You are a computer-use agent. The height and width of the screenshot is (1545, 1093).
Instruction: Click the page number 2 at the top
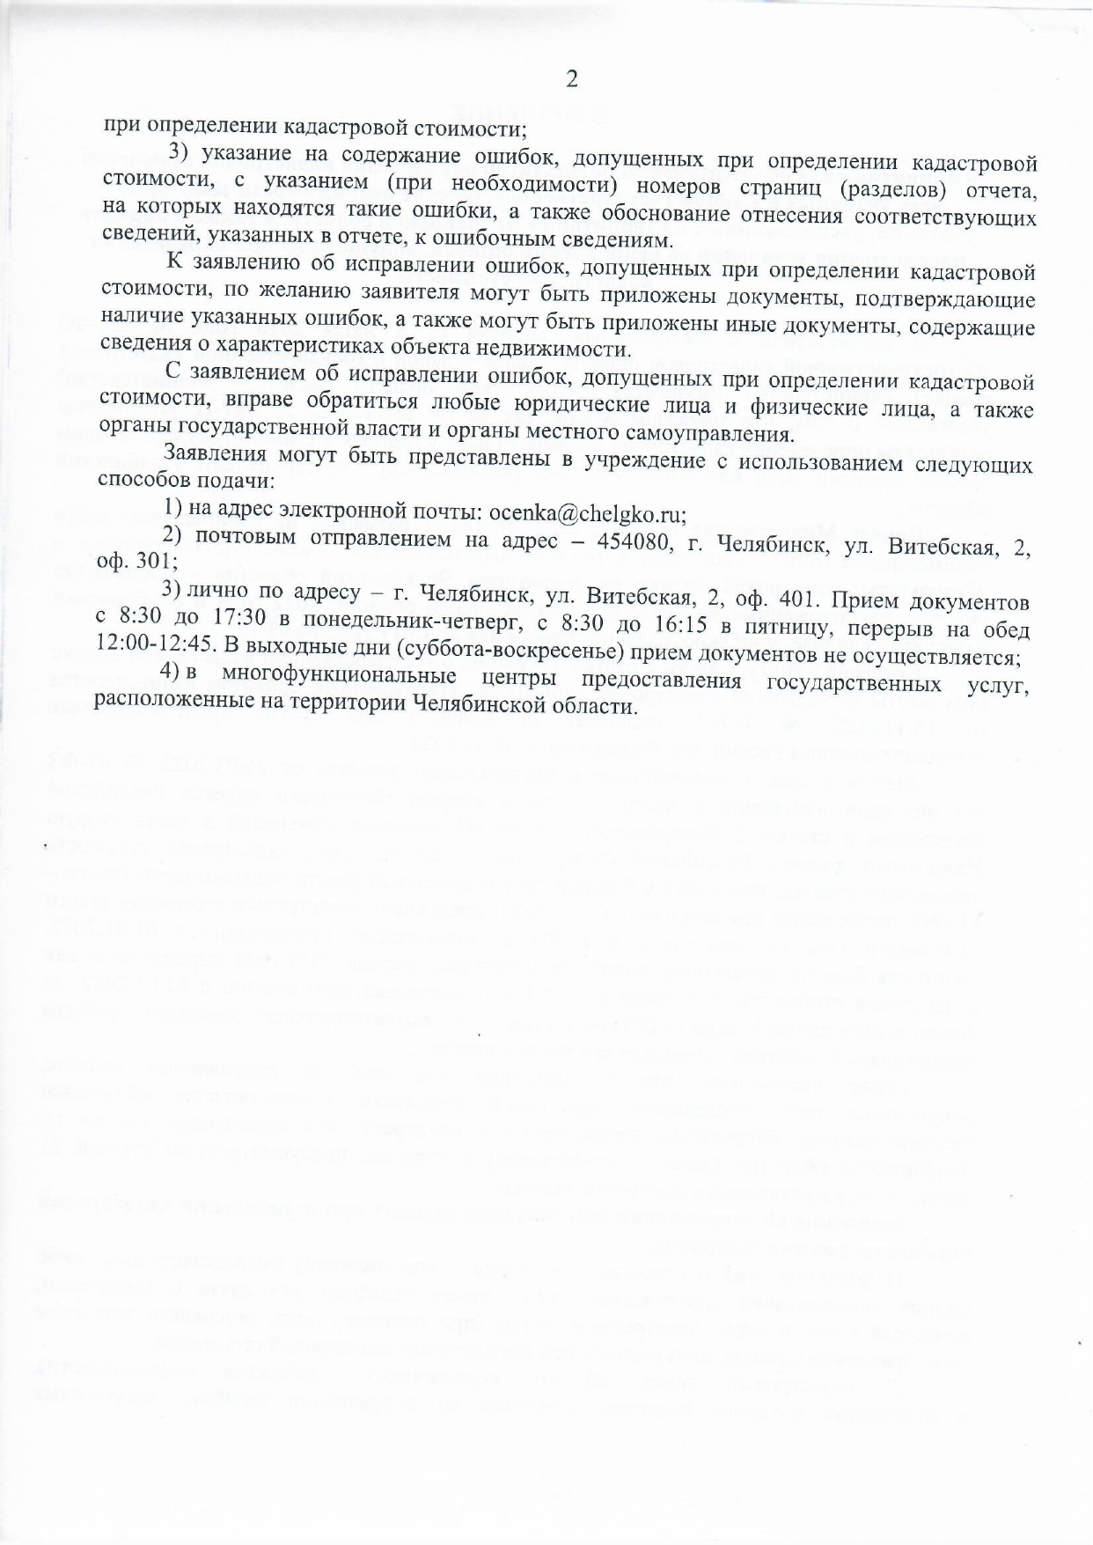pyautogui.click(x=571, y=80)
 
